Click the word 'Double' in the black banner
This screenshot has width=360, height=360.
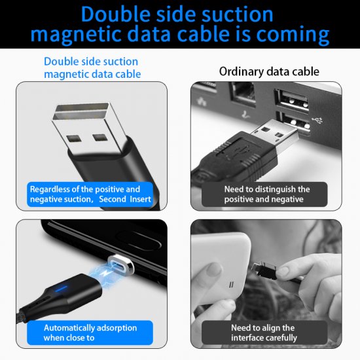tap(116, 14)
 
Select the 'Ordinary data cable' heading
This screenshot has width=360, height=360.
tap(269, 71)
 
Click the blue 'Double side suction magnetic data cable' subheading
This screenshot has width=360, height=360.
tap(92, 68)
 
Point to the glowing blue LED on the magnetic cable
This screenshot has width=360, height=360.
tap(61, 289)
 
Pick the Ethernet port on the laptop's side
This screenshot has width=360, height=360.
tap(243, 94)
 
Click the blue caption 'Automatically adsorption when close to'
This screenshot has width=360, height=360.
tap(90, 333)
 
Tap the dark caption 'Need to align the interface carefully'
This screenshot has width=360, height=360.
tap(264, 333)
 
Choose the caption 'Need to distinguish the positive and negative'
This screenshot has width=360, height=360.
tap(267, 194)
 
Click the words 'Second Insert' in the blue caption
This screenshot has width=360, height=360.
tap(125, 199)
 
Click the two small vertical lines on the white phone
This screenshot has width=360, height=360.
tap(231, 285)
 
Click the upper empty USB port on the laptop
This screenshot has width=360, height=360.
tap(292, 100)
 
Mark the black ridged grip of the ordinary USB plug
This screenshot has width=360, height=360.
tap(236, 156)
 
